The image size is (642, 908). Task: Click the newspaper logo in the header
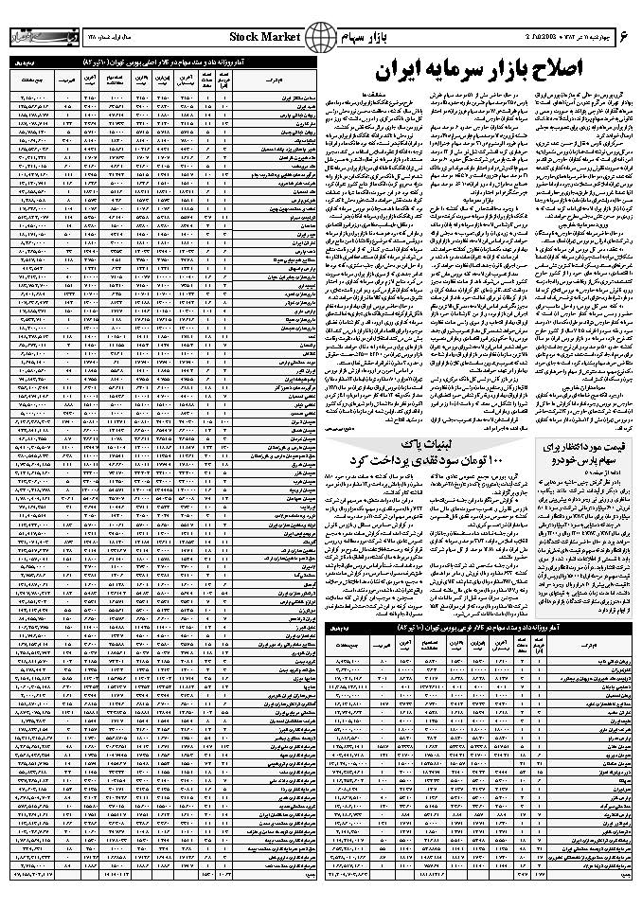39,38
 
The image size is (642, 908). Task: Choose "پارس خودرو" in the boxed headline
568,465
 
